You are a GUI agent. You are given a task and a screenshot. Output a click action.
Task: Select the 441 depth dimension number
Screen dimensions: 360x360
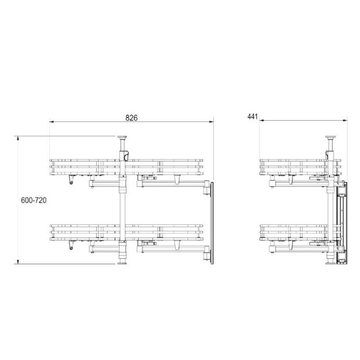(252, 116)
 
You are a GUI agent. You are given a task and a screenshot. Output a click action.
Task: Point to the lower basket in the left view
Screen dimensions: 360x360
(126, 231)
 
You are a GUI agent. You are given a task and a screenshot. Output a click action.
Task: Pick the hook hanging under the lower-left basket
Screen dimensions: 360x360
(71, 246)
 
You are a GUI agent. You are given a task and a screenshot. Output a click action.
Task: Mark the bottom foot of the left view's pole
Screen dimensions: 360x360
(122, 263)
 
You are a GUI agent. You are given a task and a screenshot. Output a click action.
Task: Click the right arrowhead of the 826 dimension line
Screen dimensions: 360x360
(211, 121)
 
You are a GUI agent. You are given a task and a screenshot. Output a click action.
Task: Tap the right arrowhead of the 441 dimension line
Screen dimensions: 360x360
(342, 121)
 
